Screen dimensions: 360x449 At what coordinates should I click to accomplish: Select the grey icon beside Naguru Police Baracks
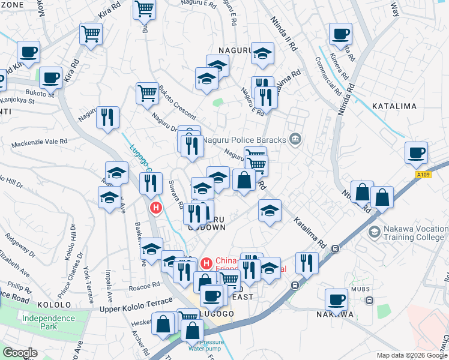(295, 139)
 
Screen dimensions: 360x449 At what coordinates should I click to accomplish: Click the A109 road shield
(423, 175)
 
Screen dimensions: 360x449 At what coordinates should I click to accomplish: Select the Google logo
(20, 353)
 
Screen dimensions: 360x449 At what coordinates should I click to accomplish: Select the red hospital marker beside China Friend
(206, 263)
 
